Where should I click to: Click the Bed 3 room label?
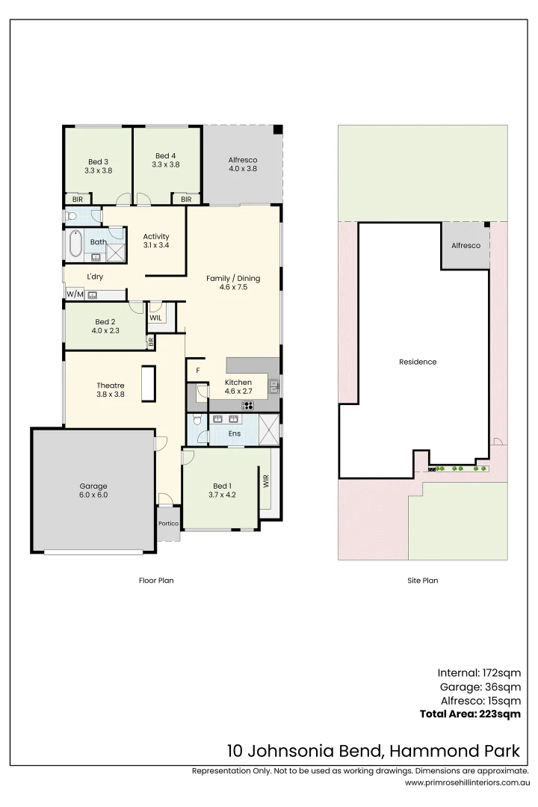click(x=98, y=166)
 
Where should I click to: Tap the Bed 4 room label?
click(x=165, y=160)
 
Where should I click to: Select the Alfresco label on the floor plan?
click(x=243, y=164)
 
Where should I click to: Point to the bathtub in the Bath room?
click(x=75, y=245)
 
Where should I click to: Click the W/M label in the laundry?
click(x=74, y=294)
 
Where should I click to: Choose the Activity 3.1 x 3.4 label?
click(x=156, y=241)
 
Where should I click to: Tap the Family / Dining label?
click(x=234, y=282)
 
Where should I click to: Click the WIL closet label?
click(x=155, y=318)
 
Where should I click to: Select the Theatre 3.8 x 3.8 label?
click(x=110, y=389)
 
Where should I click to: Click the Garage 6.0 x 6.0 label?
click(x=93, y=490)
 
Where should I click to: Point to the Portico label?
click(x=168, y=523)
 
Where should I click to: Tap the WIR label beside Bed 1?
click(x=265, y=482)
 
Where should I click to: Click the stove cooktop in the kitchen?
click(x=247, y=406)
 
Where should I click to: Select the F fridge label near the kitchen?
click(x=198, y=370)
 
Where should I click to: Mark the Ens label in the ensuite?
click(x=234, y=433)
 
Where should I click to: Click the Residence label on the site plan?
click(x=418, y=362)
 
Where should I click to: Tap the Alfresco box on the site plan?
click(x=466, y=246)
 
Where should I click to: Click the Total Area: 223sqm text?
click(x=470, y=714)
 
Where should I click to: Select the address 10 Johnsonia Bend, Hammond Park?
click(x=374, y=750)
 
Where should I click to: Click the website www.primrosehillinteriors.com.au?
click(x=467, y=782)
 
